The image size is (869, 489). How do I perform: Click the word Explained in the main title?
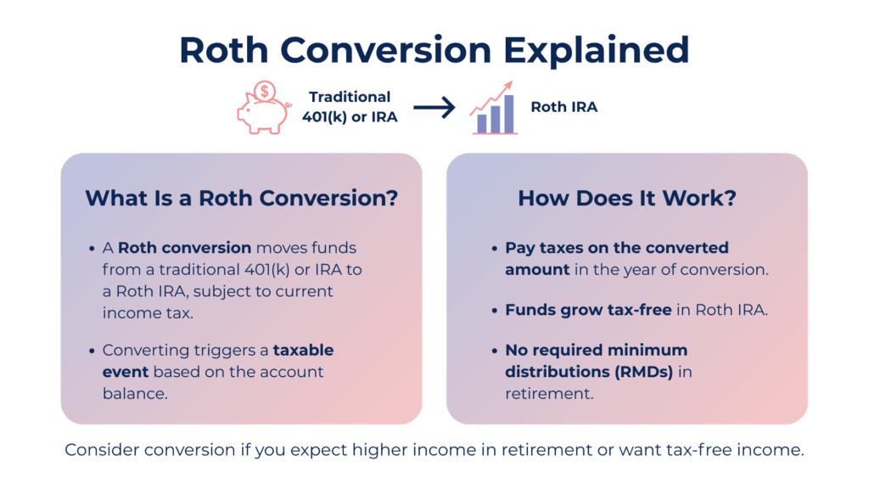click(596, 51)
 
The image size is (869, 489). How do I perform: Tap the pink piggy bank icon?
click(263, 115)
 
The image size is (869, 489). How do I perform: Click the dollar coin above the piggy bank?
click(265, 91)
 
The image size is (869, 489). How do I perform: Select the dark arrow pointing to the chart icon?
click(434, 107)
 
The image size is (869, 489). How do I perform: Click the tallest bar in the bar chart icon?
click(509, 114)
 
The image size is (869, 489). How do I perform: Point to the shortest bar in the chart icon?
click(482, 123)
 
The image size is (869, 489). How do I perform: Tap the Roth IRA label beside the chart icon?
click(564, 107)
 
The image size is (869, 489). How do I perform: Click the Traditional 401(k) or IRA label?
click(350, 107)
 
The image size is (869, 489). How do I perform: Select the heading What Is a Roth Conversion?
click(242, 198)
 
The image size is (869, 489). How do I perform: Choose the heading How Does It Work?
click(627, 198)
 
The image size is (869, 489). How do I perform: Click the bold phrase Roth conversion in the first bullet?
click(184, 247)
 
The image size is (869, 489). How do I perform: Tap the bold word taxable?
click(303, 350)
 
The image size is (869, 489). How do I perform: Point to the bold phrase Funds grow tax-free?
click(588, 309)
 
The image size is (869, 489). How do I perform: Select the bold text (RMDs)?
click(644, 372)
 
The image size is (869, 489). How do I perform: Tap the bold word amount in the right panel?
click(537, 269)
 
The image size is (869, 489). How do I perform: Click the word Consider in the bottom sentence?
click(102, 450)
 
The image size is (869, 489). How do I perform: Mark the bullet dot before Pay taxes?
click(495, 249)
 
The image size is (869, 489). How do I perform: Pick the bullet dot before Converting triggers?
click(92, 351)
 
